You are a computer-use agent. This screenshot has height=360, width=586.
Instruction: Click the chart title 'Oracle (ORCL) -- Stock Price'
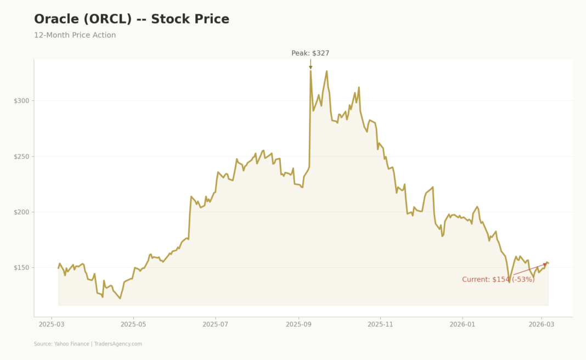[x=132, y=19]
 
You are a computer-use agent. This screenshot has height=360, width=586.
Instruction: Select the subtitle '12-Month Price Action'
[x=75, y=35]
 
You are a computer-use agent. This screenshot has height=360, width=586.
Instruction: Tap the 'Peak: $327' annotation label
[x=310, y=53]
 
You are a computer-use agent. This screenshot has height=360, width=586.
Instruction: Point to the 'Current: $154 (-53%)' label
[x=498, y=279]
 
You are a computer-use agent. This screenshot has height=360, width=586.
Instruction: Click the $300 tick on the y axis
[x=22, y=101]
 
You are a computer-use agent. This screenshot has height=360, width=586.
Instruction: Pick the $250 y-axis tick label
[x=22, y=156]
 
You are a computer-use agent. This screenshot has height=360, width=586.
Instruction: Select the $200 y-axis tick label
[x=22, y=212]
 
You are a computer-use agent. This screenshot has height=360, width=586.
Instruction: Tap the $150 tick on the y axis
[x=22, y=268]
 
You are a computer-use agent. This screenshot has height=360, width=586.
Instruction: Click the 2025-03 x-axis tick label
[x=52, y=324]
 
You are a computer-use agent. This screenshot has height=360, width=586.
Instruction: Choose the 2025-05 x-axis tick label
[x=134, y=324]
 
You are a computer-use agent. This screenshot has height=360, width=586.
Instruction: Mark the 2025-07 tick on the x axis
[x=216, y=324]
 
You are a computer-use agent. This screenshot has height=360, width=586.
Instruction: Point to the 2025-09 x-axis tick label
[x=298, y=324]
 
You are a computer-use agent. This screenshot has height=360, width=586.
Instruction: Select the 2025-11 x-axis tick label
[x=380, y=324]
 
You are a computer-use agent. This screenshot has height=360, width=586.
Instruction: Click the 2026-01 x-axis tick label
[x=462, y=324]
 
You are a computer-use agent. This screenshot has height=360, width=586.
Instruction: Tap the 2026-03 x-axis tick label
[x=542, y=324]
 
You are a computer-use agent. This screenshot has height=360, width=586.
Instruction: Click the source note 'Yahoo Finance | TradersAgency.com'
[x=88, y=344]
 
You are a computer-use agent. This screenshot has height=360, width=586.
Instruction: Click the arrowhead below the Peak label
[x=311, y=67]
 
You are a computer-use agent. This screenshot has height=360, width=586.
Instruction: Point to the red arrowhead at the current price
[x=545, y=265]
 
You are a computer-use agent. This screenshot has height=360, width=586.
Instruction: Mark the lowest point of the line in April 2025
[x=120, y=298]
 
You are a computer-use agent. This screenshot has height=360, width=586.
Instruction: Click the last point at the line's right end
[x=548, y=263]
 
